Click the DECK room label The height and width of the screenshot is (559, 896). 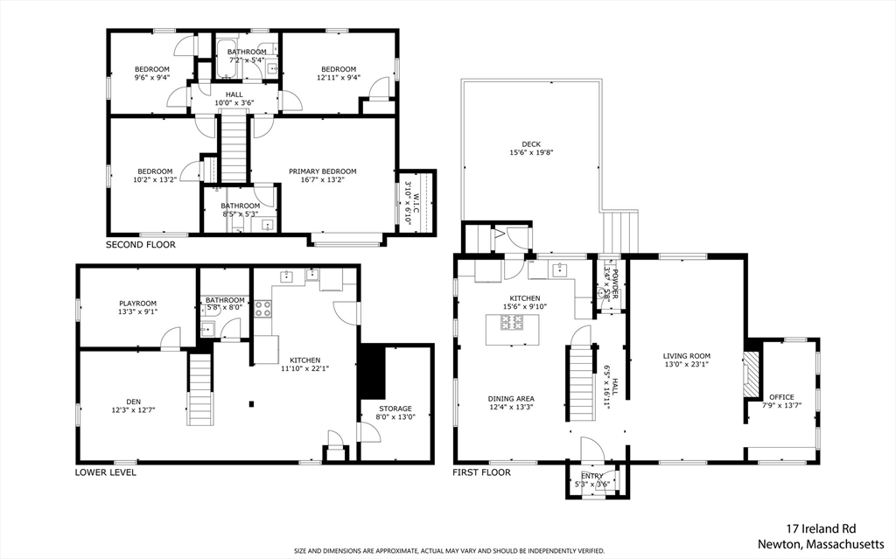531,144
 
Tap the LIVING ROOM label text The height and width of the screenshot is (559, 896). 686,355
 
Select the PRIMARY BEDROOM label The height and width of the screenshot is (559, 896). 322,171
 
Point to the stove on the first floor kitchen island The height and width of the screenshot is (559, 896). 510,323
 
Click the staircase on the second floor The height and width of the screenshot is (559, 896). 233,149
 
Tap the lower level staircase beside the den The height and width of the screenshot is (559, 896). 201,389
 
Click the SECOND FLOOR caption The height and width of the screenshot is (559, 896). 141,245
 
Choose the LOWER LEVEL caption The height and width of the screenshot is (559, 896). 106,472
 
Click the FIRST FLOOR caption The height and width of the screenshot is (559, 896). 482,472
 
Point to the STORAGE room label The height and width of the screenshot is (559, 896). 395,409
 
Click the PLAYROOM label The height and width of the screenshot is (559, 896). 137,304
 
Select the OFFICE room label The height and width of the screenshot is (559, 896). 781,397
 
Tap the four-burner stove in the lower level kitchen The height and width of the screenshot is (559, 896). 262,309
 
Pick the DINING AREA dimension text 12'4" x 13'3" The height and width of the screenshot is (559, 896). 511,407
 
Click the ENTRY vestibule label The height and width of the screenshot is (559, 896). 592,476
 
